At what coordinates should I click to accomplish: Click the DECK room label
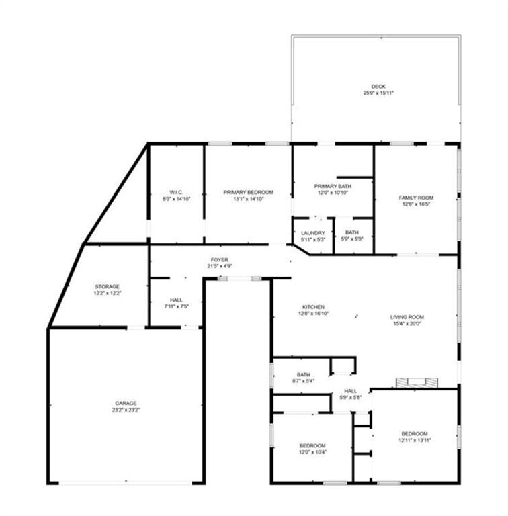point(378,86)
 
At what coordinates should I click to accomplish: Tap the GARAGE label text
point(127,402)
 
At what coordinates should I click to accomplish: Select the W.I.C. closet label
point(175,192)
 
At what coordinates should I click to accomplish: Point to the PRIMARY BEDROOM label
point(249,192)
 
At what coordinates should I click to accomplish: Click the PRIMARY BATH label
point(333,185)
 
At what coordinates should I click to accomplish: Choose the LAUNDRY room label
point(313,232)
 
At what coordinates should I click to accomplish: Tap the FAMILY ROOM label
point(416,198)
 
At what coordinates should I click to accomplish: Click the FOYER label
point(220,259)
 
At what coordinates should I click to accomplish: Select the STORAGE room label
point(108,286)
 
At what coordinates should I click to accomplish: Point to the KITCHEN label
point(313,306)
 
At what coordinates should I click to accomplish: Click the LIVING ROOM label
point(407,317)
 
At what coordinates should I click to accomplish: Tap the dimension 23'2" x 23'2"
point(127,409)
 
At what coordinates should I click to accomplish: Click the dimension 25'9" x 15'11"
point(378,93)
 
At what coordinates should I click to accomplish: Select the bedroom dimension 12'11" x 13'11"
point(415,440)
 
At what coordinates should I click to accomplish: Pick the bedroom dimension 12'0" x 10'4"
point(312,453)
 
